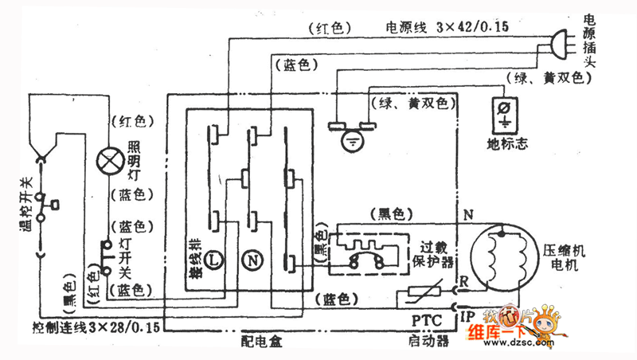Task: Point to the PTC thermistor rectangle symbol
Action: [x=421, y=295]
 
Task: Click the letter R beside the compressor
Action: [x=465, y=280]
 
